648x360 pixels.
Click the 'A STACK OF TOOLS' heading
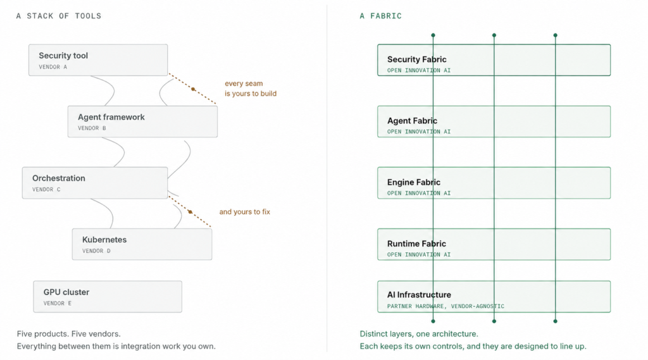tap(59, 16)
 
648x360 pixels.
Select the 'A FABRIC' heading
tap(380, 16)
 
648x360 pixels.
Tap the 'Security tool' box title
tap(63, 56)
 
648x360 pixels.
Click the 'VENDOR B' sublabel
tap(92, 128)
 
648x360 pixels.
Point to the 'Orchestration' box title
tap(59, 178)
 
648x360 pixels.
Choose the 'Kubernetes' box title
tap(104, 240)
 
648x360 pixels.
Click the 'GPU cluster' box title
tap(66, 292)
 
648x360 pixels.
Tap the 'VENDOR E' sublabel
tap(58, 304)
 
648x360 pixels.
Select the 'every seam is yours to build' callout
tap(251, 89)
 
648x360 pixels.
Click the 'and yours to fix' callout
tap(245, 211)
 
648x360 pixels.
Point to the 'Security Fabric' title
tap(416, 59)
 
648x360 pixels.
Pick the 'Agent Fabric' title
tap(412, 121)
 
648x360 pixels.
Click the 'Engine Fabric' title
tap(414, 182)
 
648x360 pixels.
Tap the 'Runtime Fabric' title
tap(416, 244)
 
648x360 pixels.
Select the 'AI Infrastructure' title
tap(419, 295)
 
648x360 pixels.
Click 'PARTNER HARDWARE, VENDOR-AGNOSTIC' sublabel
tap(445, 306)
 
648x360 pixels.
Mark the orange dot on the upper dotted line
tap(193, 89)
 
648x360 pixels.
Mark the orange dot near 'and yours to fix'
tap(190, 211)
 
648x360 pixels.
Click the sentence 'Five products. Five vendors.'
tap(68, 334)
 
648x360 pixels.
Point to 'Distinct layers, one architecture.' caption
tap(419, 334)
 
